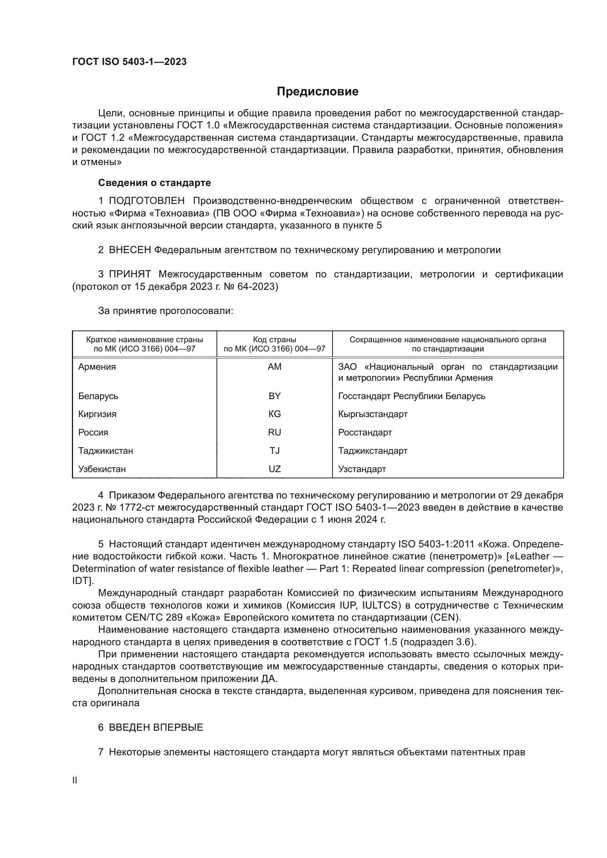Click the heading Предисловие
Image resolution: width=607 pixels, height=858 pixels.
pyautogui.click(x=317, y=92)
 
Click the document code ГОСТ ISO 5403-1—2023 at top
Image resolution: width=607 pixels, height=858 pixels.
pyautogui.click(x=129, y=62)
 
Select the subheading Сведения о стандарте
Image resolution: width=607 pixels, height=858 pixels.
pyautogui.click(x=155, y=183)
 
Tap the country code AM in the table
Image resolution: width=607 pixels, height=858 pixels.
pyautogui.click(x=275, y=366)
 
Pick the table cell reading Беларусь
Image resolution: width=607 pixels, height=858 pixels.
pyautogui.click(x=98, y=396)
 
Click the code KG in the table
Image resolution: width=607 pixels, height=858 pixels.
pyautogui.click(x=275, y=414)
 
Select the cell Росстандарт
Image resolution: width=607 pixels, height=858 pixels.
pyautogui.click(x=365, y=432)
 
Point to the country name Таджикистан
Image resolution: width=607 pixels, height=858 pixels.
pyautogui.click(x=105, y=451)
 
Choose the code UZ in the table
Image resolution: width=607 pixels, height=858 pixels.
pyautogui.click(x=275, y=469)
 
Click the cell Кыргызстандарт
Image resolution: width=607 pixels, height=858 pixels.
pyautogui.click(x=372, y=414)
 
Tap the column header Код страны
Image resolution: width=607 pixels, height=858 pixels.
pyautogui.click(x=275, y=340)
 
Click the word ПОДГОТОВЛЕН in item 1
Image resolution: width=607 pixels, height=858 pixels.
pyautogui.click(x=146, y=201)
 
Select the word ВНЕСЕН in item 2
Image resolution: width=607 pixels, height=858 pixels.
pyautogui.click(x=129, y=250)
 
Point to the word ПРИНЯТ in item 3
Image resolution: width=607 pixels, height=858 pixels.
pyautogui.click(x=130, y=274)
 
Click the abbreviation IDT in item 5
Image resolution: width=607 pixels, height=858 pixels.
pyautogui.click(x=80, y=581)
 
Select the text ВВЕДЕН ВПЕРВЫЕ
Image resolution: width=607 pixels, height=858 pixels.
pyautogui.click(x=156, y=727)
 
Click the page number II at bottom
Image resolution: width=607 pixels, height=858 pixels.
pyautogui.click(x=75, y=781)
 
